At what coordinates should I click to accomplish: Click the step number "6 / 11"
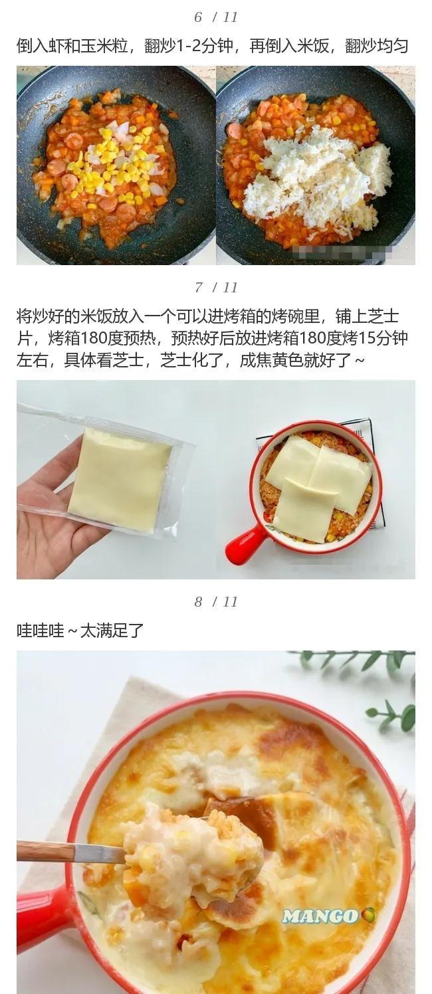[216, 17]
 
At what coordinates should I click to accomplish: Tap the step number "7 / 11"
[216, 288]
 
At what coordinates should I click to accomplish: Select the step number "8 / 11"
[216, 602]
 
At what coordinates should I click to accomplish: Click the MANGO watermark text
[322, 916]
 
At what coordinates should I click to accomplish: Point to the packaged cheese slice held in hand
[120, 478]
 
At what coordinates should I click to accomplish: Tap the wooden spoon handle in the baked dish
[66, 852]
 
